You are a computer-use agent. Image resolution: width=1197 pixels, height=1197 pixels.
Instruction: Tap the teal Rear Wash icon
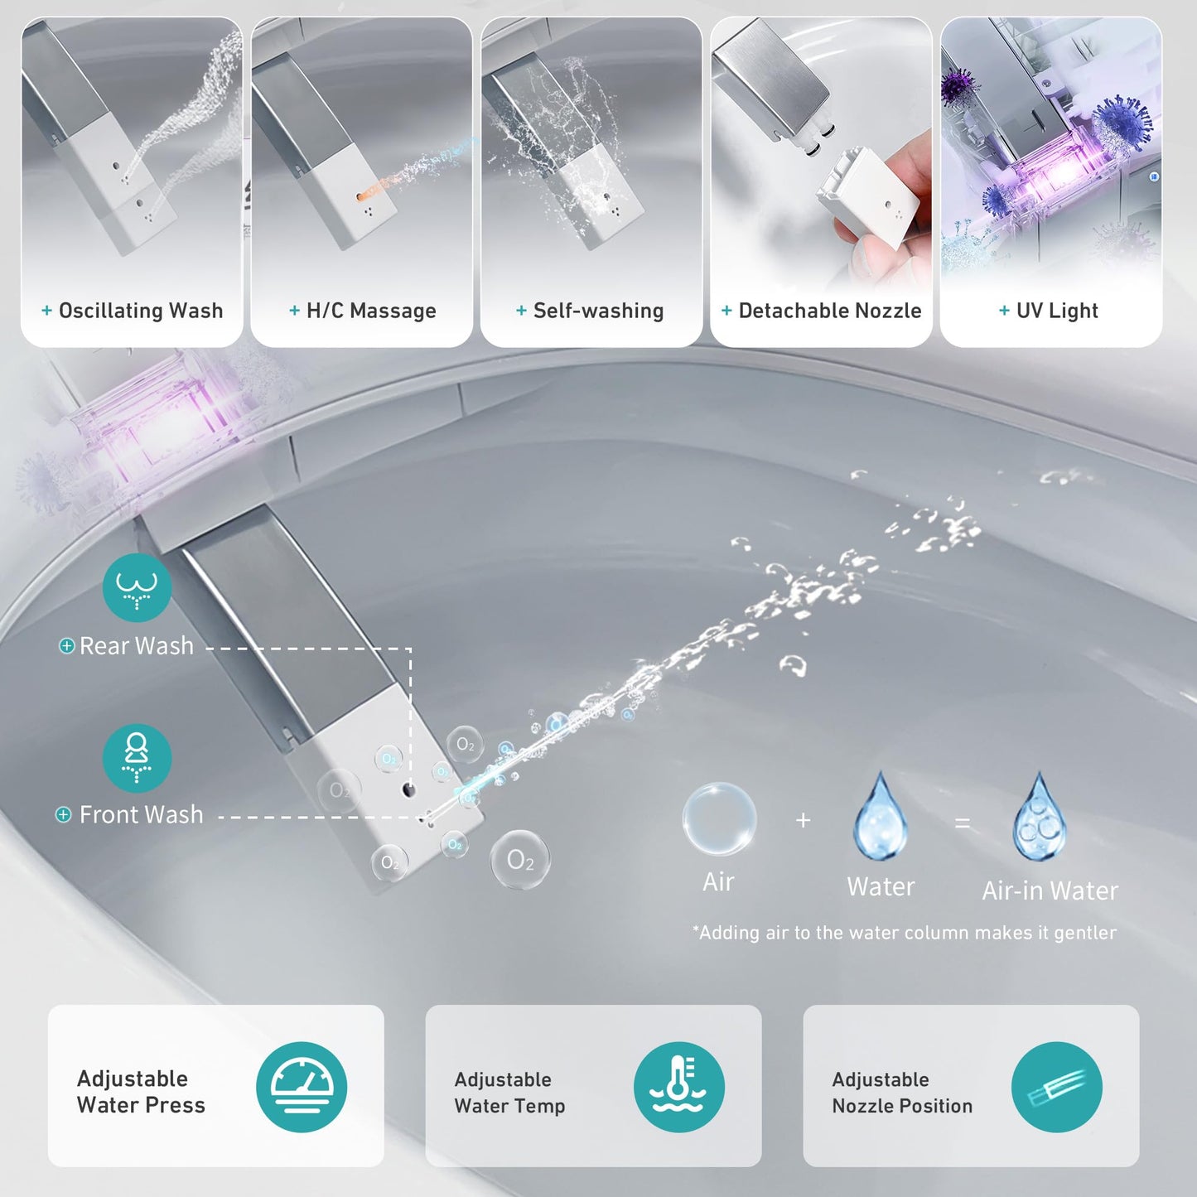[x=137, y=587]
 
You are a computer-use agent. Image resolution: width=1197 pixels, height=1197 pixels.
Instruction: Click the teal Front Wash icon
[x=137, y=758]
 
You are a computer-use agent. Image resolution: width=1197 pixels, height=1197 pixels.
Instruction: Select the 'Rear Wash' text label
[x=136, y=646]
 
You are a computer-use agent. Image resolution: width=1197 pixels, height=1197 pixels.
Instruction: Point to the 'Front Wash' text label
[x=141, y=815]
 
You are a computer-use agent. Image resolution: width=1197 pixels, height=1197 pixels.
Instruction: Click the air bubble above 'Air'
[x=719, y=818]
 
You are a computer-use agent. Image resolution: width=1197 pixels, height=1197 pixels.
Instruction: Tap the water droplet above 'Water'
[x=881, y=818]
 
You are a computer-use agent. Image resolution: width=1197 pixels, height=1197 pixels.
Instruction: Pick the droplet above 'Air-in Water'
[x=1040, y=818]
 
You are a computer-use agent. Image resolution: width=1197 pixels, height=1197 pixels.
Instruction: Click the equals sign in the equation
[x=962, y=823]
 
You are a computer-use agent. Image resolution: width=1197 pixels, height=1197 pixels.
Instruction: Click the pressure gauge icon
[x=302, y=1087]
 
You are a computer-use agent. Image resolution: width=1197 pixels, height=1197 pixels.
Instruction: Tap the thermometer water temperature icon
[x=678, y=1087]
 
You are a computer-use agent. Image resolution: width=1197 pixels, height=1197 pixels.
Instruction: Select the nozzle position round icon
[x=1056, y=1087]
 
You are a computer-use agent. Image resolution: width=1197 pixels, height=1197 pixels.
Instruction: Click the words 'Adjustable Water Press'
[x=141, y=1092]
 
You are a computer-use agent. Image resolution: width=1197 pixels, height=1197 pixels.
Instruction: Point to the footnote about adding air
[x=904, y=933]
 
